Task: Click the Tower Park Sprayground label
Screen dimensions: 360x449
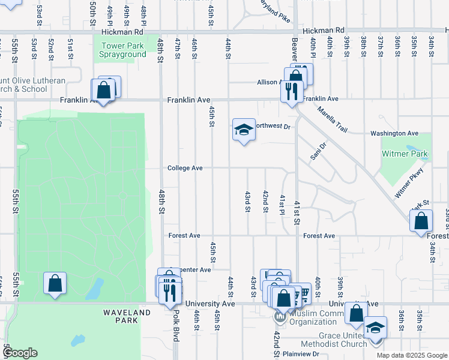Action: [x=124, y=50]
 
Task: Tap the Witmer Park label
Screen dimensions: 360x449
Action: [x=405, y=154]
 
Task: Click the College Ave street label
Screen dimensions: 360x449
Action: [x=185, y=169]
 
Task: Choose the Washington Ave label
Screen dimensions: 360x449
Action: [x=394, y=133]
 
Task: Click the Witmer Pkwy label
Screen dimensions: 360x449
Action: [x=409, y=184]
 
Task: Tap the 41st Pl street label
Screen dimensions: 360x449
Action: [x=282, y=203]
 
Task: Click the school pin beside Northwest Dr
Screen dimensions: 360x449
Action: [x=244, y=130]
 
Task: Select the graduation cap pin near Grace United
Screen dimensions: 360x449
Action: [x=376, y=327]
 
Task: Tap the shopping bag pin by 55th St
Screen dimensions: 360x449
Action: [x=55, y=283]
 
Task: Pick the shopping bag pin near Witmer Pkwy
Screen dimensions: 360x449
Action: [x=421, y=220]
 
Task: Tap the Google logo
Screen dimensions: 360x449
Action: [x=20, y=353]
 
